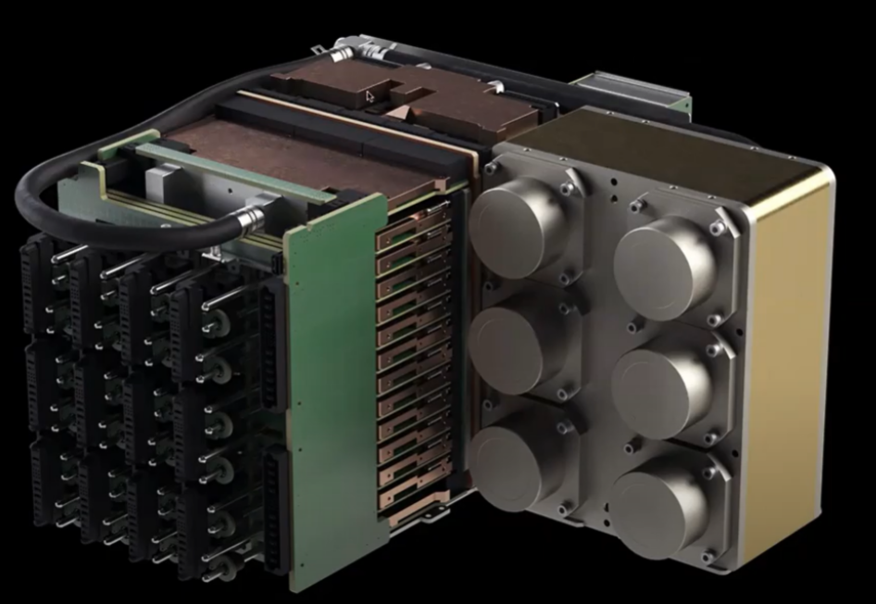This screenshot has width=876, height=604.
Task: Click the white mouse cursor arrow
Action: pos(370,95)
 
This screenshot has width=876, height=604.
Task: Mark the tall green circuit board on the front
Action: pos(333,389)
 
